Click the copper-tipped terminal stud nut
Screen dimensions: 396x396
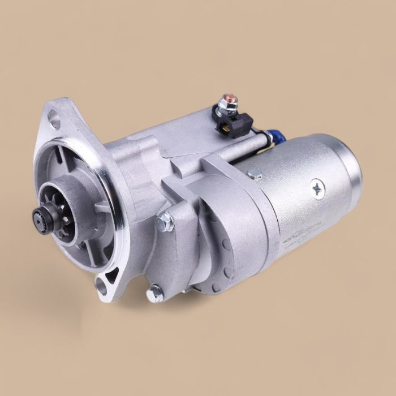coord(230,102)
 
